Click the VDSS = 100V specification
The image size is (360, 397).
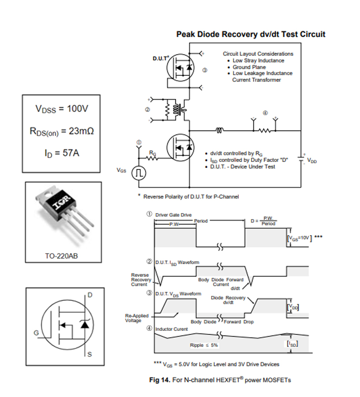(61, 109)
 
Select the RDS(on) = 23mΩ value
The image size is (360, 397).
(61, 131)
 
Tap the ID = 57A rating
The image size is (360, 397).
(61, 153)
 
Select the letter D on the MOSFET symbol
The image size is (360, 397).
(90, 295)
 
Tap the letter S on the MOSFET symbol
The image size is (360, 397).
(90, 356)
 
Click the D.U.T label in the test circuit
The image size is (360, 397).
(161, 58)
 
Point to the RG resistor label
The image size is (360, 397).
(152, 153)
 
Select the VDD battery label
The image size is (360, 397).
(312, 161)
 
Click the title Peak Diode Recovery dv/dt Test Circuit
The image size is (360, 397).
(251, 34)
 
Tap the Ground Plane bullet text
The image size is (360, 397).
(249, 67)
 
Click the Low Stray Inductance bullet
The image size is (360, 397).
(258, 60)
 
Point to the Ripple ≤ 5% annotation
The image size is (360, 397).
(204, 345)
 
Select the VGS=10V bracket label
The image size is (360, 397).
(300, 238)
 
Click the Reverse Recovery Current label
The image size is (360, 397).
(141, 280)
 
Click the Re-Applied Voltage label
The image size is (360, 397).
(137, 318)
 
